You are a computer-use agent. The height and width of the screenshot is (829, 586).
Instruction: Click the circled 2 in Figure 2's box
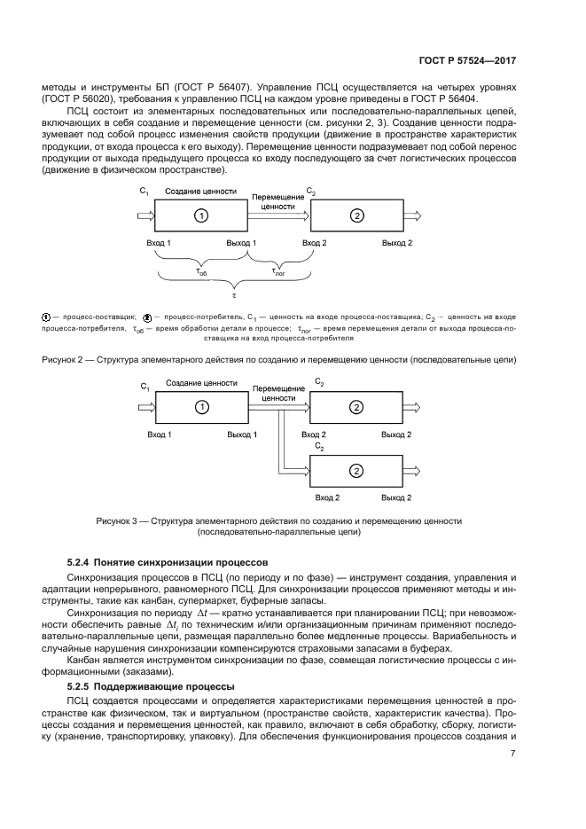tap(356, 215)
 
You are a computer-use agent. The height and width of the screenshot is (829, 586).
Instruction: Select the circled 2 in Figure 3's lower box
tap(356, 470)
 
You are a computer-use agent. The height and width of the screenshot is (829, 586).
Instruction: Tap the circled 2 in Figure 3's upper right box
tap(356, 407)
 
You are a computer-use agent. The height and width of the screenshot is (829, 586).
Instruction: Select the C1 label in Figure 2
tap(145, 192)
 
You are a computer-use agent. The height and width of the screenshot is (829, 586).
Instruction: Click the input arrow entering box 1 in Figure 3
tap(142, 407)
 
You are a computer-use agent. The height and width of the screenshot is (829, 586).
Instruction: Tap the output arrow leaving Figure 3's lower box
tap(417, 470)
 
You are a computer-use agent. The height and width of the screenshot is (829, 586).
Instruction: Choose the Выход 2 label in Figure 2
tap(396, 243)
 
